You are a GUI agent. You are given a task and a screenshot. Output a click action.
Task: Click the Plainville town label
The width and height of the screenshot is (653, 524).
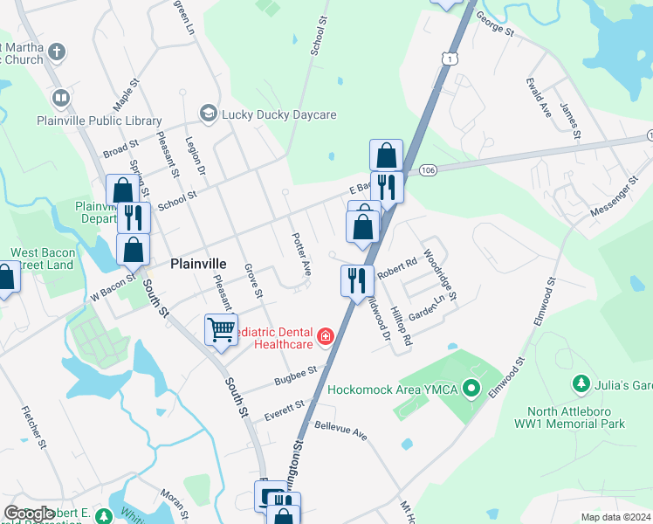pos(199,263)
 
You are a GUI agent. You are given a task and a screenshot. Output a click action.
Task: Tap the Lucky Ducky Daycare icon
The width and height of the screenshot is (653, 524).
pos(208,114)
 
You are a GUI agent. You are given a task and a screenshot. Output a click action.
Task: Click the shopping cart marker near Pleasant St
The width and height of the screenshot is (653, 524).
pos(222,329)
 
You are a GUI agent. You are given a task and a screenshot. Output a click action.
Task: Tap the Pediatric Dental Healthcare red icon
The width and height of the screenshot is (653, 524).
pos(326,336)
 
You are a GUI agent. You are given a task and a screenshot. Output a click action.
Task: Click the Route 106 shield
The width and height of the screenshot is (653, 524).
pos(427,169)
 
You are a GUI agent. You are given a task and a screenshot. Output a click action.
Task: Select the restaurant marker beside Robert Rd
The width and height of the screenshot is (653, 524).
pos(357,280)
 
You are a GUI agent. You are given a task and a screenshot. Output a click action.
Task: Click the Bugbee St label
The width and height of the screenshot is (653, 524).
pos(294,375)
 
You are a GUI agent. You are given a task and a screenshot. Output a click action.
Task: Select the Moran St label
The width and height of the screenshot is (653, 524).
pos(172,507)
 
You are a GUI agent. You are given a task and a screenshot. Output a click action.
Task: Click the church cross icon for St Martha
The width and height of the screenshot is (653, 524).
pos(57,51)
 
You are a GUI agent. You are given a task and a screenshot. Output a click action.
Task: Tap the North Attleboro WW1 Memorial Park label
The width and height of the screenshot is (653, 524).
pos(576,417)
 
